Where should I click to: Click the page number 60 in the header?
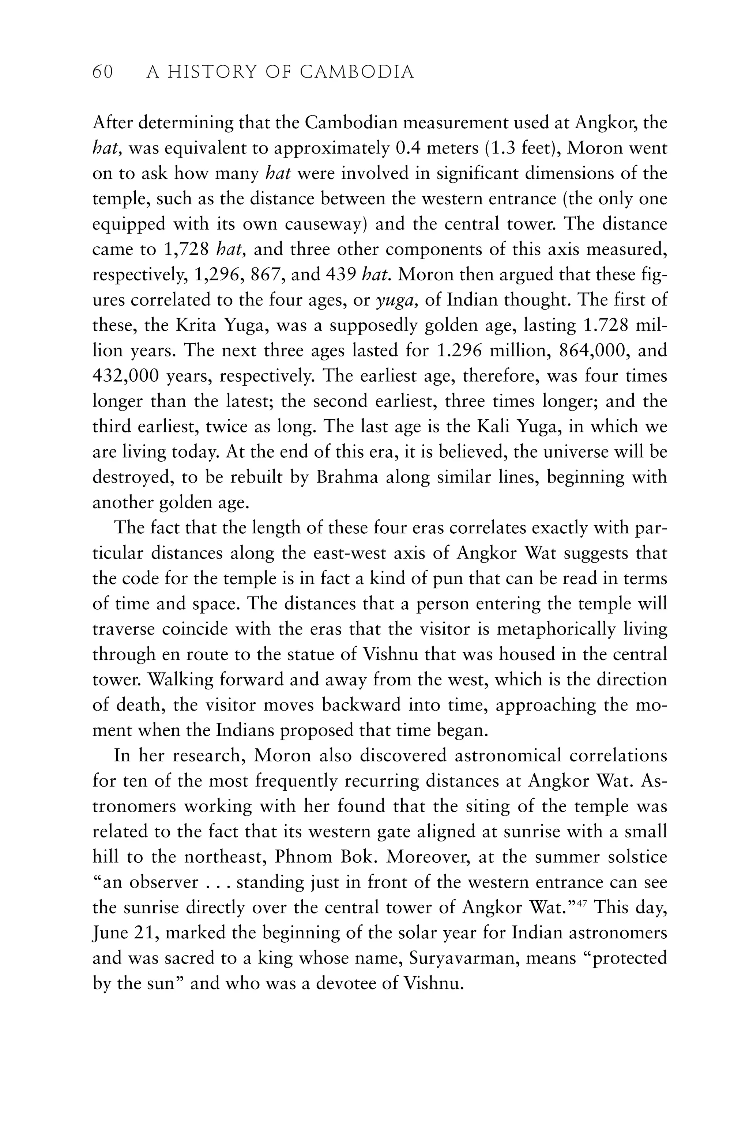coord(102,72)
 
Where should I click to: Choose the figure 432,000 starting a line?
coord(125,376)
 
